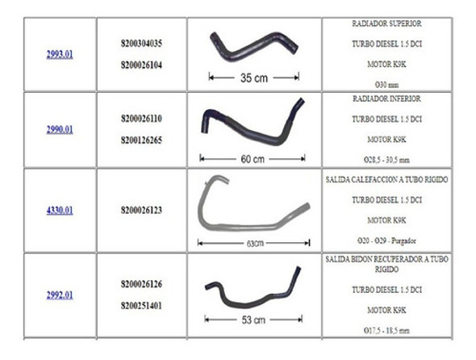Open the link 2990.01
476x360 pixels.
point(60,129)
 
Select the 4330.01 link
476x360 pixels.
point(60,211)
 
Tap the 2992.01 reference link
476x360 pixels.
point(60,295)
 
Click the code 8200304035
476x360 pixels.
point(140,43)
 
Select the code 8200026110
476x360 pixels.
point(140,118)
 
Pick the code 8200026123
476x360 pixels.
point(140,211)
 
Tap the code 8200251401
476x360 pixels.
point(140,307)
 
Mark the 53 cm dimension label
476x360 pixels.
point(253,320)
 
